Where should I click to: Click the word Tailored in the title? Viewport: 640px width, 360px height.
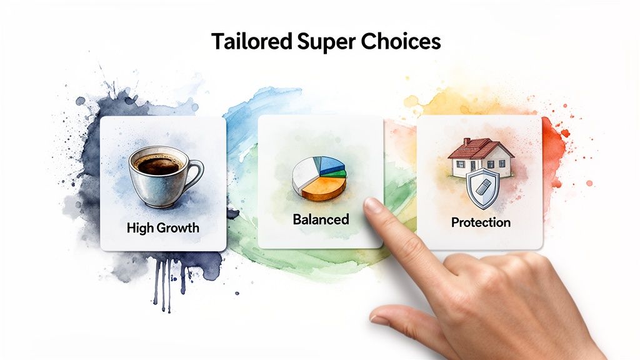(251, 41)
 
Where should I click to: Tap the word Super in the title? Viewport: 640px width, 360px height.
(325, 42)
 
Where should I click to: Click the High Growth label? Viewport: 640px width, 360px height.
(162, 227)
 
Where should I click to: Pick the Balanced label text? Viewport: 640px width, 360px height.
(321, 219)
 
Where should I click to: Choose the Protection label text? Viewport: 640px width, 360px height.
(481, 222)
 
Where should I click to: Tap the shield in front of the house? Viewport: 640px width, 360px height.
(483, 187)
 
